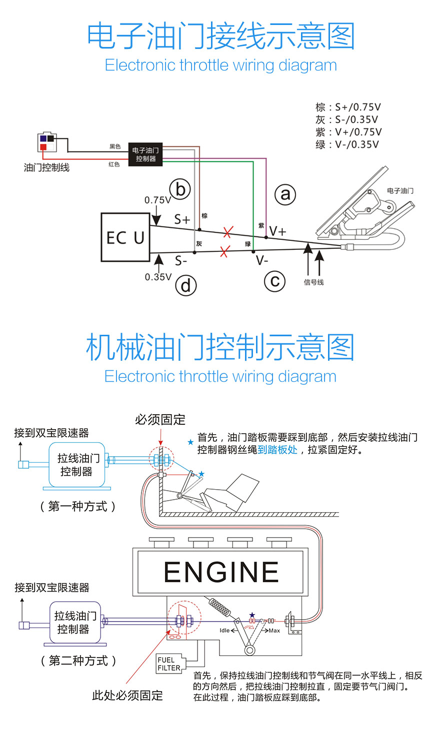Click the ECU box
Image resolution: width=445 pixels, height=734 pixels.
pyautogui.click(x=125, y=237)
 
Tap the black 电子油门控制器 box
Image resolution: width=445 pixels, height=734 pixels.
pyautogui.click(x=145, y=154)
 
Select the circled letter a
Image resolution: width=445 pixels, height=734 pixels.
pyautogui.click(x=285, y=194)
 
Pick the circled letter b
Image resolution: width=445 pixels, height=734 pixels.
pyautogui.click(x=180, y=190)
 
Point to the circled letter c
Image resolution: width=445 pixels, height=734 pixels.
pyautogui.click(x=274, y=282)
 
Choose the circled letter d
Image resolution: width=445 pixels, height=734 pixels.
pyautogui.click(x=185, y=286)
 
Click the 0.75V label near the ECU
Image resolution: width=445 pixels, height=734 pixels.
pyautogui.click(x=157, y=200)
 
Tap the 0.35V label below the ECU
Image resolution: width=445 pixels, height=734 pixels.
pyautogui.click(x=158, y=277)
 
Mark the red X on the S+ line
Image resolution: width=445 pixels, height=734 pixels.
pyautogui.click(x=228, y=232)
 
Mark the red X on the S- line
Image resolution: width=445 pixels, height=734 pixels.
pyautogui.click(x=224, y=252)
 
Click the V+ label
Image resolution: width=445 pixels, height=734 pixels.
pyautogui.click(x=278, y=231)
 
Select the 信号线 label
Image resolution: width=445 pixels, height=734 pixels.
pyautogui.click(x=313, y=282)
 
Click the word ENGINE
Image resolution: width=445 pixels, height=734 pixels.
pyautogui.click(x=221, y=572)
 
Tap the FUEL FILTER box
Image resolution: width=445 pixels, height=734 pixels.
pyautogui.click(x=169, y=664)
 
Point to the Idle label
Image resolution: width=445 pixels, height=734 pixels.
pyautogui.click(x=225, y=631)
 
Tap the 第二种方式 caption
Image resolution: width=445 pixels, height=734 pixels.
pyautogui.click(x=78, y=661)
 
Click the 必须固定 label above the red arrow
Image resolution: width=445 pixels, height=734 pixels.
pyautogui.click(x=160, y=419)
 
